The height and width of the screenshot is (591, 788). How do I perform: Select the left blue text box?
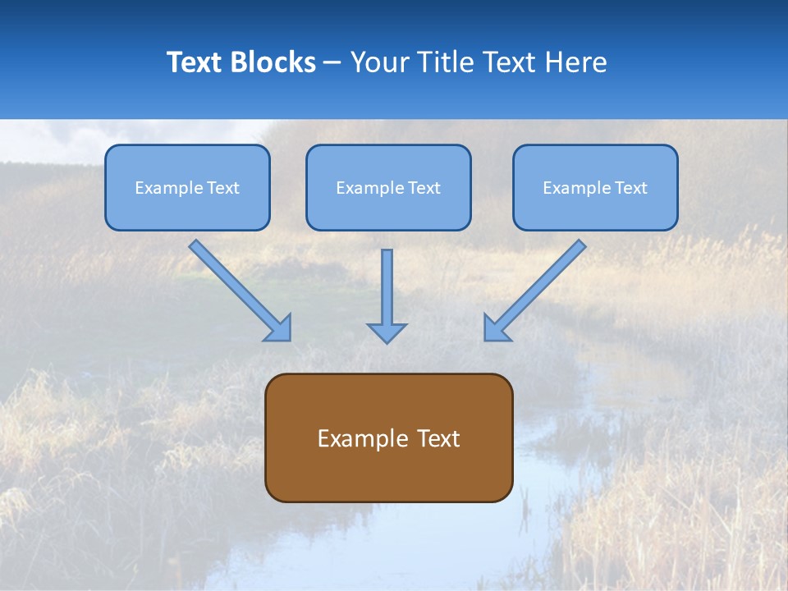[187, 205]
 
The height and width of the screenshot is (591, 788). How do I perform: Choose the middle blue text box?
[388, 205]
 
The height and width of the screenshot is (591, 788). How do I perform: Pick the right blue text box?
[595, 205]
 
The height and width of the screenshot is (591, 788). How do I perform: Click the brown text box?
[388, 472]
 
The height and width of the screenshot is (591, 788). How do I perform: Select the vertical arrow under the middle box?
[387, 287]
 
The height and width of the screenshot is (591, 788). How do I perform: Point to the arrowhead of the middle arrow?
[387, 332]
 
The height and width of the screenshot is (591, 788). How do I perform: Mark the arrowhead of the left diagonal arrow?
[280, 329]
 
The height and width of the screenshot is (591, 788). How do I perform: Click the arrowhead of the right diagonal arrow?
[495, 328]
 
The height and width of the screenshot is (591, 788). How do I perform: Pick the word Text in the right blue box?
[630, 188]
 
